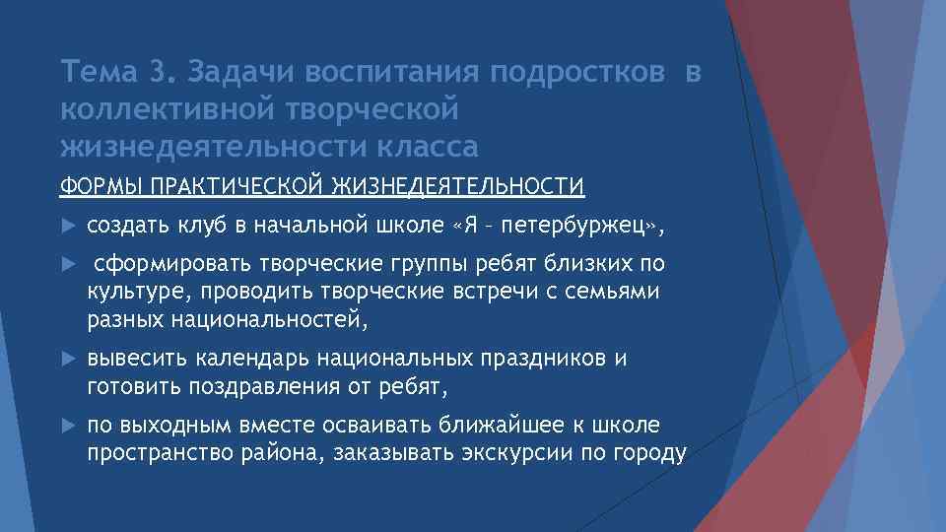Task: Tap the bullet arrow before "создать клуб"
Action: [x=67, y=227]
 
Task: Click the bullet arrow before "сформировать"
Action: [x=67, y=265]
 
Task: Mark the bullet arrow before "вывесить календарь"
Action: [x=67, y=360]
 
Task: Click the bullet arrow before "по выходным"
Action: [x=67, y=426]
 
